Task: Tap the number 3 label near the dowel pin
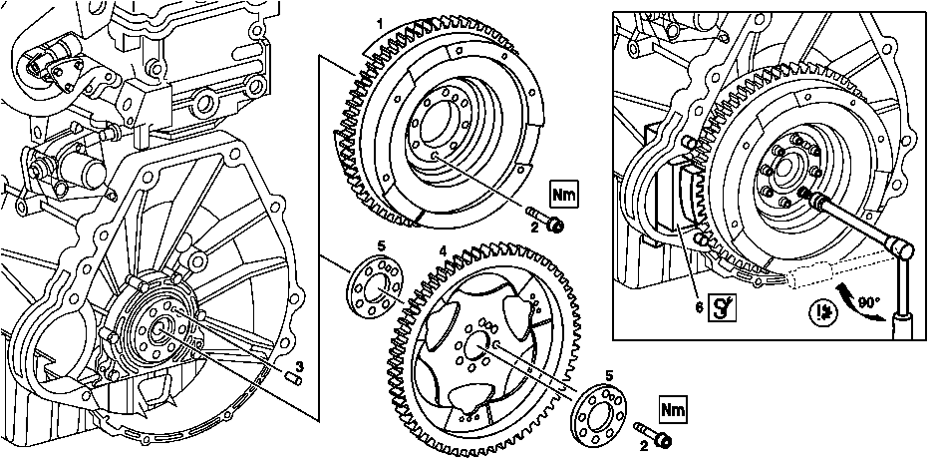(300, 364)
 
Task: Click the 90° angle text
(868, 304)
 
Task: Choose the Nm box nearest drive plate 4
(672, 409)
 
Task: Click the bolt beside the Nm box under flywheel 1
(545, 219)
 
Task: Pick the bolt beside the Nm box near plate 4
(653, 434)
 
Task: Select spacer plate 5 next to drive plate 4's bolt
(599, 415)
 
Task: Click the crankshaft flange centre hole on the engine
(159, 330)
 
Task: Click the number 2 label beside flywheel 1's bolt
(535, 227)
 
